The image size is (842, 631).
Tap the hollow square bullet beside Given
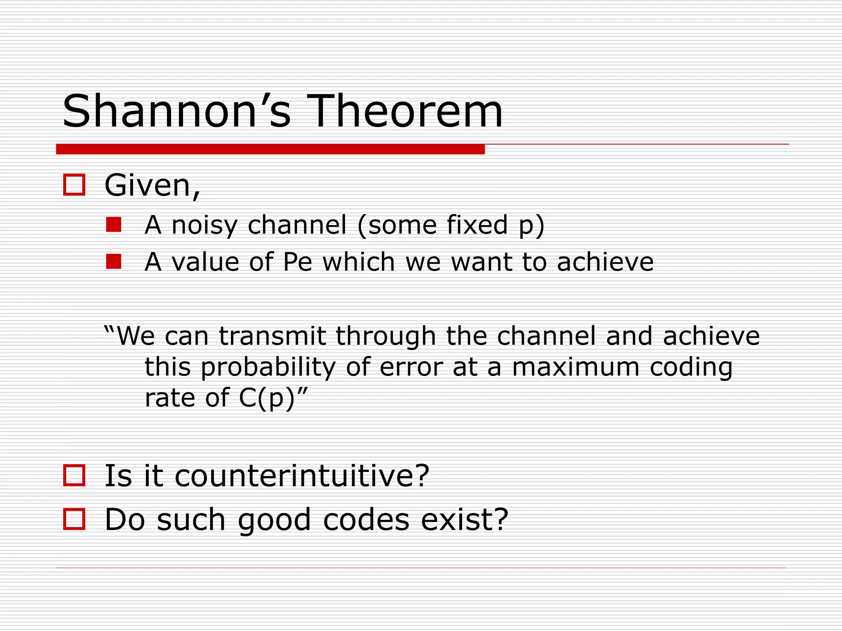pyautogui.click(x=74, y=185)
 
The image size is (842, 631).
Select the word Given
pyautogui.click(x=152, y=186)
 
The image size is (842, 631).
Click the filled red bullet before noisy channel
pyautogui.click(x=113, y=225)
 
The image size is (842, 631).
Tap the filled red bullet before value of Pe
pyautogui.click(x=113, y=261)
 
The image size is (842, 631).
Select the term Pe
pyautogui.click(x=298, y=262)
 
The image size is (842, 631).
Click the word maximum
pyautogui.click(x=576, y=367)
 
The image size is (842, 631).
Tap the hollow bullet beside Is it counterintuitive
pyautogui.click(x=74, y=476)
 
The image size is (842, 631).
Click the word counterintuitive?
pyautogui.click(x=302, y=476)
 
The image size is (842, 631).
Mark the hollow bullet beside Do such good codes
pyautogui.click(x=74, y=519)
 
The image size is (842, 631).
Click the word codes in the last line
pyautogui.click(x=366, y=520)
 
